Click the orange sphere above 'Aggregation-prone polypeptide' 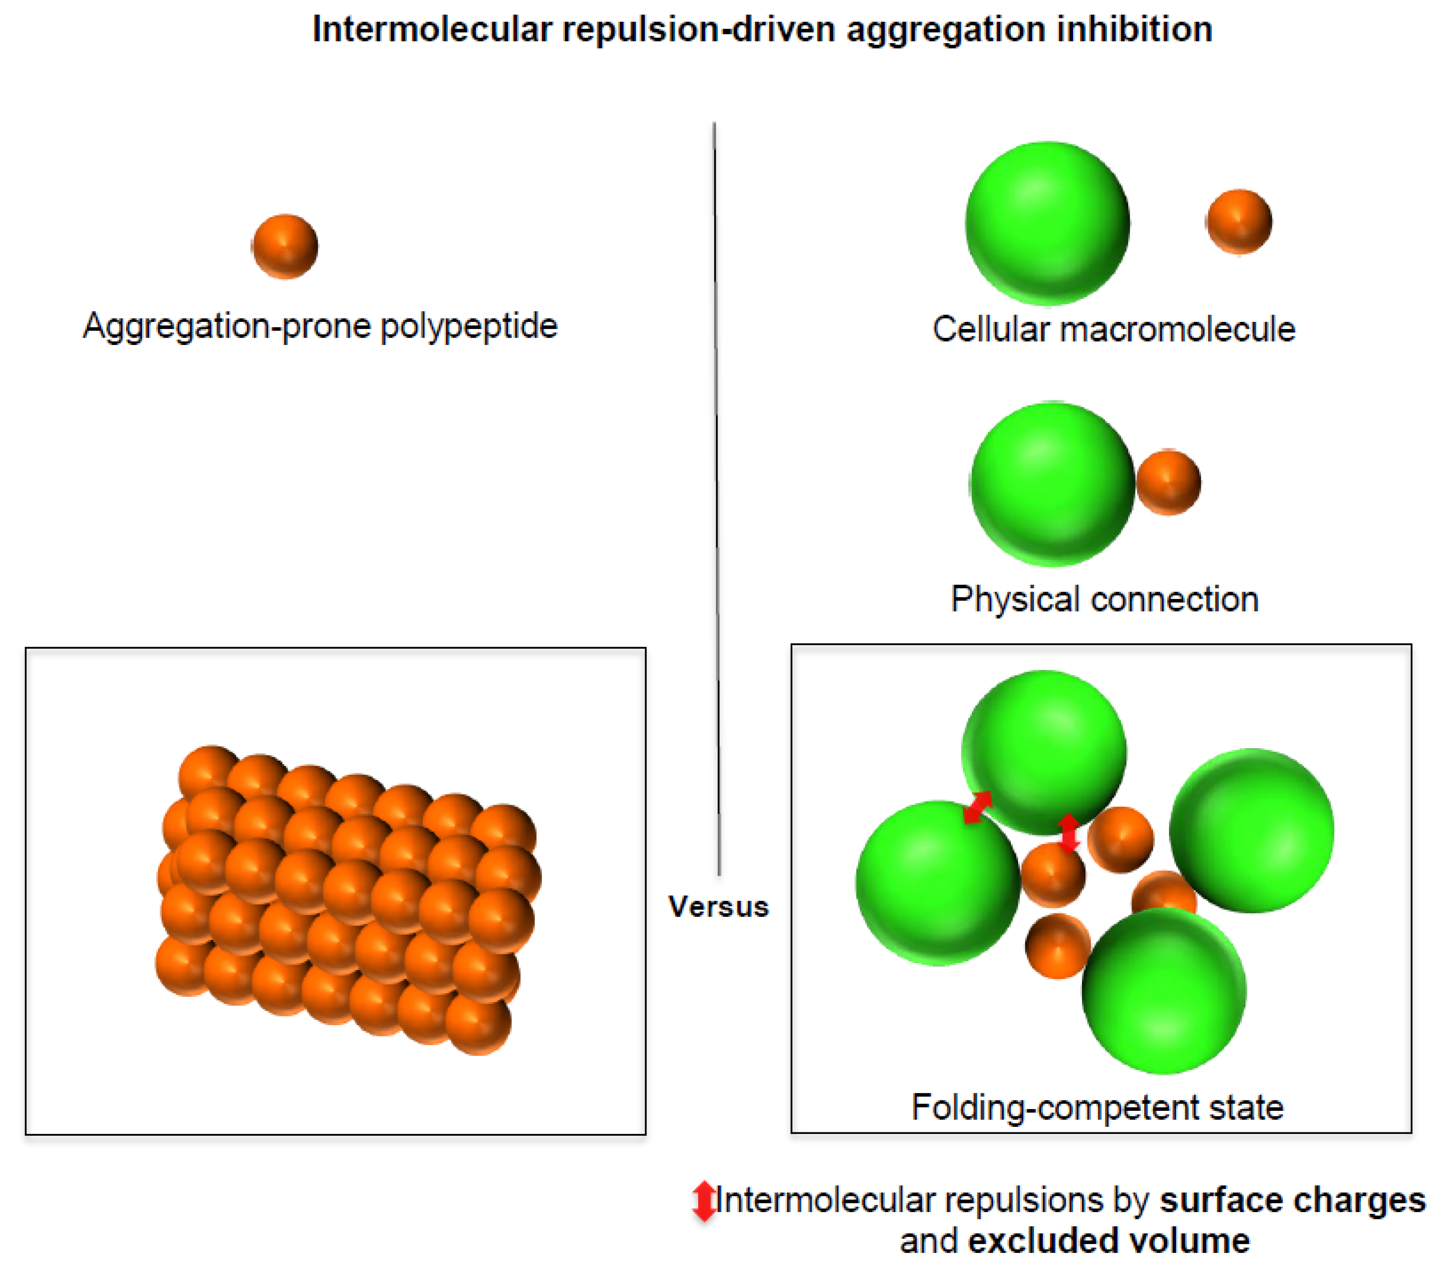click(x=285, y=246)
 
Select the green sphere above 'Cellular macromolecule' click(x=1047, y=224)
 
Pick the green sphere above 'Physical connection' click(x=1052, y=484)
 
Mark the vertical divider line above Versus click(x=717, y=492)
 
